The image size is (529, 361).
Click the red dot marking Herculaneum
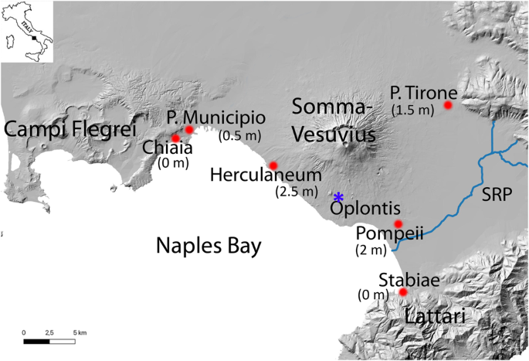273,165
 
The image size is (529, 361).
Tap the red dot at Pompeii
398,224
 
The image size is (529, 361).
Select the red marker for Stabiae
402,291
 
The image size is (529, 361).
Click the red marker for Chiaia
175,138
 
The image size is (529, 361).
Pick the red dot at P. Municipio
189,130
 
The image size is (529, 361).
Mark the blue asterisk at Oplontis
338,197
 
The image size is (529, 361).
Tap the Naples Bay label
209,247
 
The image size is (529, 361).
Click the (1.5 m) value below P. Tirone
413,110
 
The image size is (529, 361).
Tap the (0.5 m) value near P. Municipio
239,136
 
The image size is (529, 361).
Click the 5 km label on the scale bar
81,332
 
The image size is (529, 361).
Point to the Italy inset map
22,30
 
